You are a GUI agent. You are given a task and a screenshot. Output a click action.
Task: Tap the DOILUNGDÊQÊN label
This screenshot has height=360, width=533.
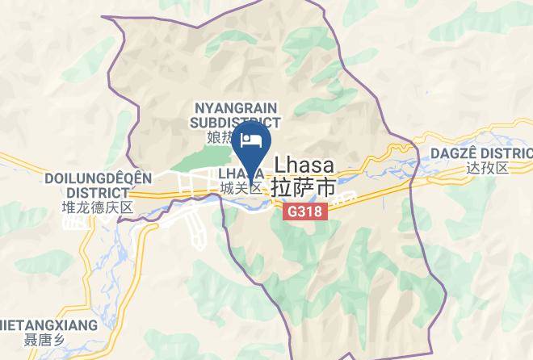pos(86,178)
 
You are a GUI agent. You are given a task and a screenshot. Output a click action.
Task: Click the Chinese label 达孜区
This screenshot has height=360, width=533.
pos(487,169)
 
